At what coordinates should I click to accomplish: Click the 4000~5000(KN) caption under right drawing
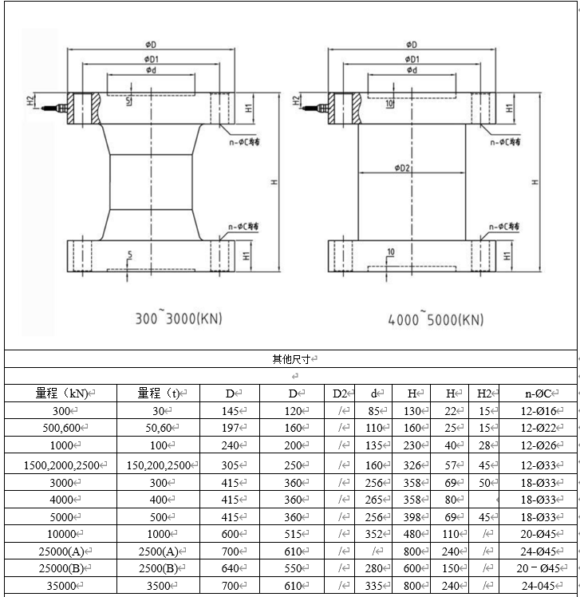point(436,319)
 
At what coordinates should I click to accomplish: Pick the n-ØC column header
point(537,393)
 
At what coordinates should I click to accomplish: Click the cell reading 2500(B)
point(158,568)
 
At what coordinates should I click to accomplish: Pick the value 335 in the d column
point(373,587)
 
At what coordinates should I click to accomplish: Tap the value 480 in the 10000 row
point(412,534)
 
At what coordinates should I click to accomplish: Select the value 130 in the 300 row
point(412,411)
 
